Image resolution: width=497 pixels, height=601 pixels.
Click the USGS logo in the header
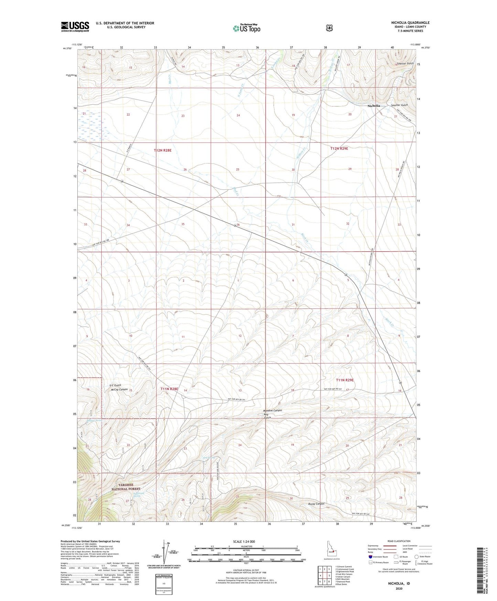(x=75, y=27)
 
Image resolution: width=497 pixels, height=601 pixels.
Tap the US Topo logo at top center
(x=246, y=28)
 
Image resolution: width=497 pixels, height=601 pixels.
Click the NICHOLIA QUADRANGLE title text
(x=410, y=23)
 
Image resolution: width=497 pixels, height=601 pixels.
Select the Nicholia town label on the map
(x=374, y=106)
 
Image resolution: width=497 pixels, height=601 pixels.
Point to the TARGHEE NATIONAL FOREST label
(x=126, y=487)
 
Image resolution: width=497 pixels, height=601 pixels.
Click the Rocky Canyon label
(x=316, y=504)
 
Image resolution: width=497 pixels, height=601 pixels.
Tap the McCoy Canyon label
(x=118, y=389)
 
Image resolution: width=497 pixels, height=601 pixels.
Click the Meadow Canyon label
(x=272, y=410)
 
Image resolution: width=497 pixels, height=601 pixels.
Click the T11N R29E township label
(x=345, y=380)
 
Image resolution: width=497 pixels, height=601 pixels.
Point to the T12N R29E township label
(x=339, y=148)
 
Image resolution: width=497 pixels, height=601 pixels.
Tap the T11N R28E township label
(x=169, y=389)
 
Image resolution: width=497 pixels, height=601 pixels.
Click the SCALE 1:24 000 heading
(x=244, y=541)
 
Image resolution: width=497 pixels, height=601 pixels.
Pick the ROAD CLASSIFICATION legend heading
(x=399, y=541)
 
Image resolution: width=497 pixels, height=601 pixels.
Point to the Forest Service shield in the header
(x=329, y=28)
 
